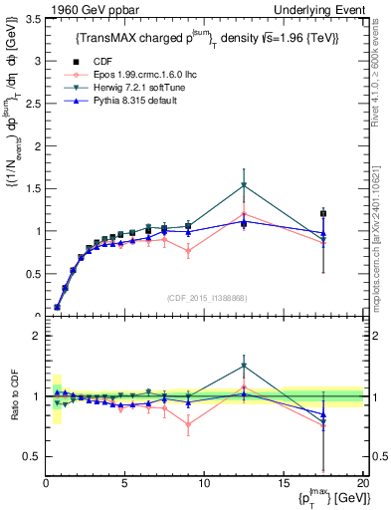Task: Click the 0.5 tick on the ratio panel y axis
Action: coord(31,456)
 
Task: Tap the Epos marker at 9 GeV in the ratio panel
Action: coord(188,424)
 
